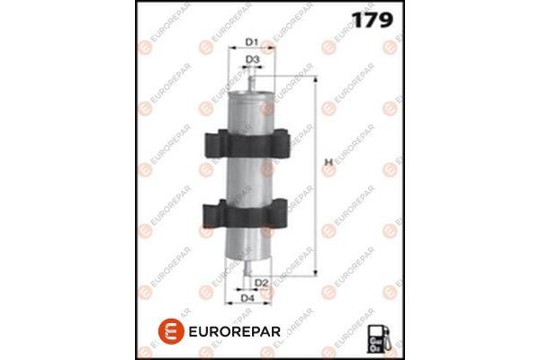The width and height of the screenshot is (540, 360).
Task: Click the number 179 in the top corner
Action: tap(368, 21)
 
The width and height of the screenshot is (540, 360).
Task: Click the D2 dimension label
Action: tap(260, 283)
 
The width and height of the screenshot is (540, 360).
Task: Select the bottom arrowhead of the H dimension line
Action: tap(316, 269)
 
